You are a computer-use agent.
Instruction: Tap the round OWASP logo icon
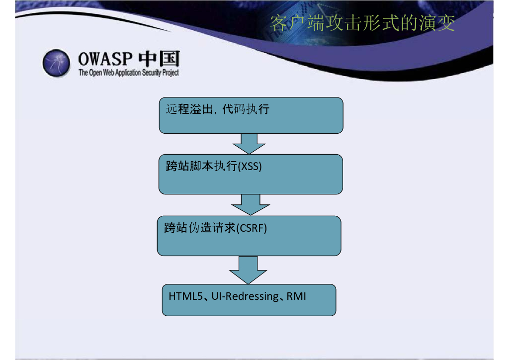pyautogui.click(x=56, y=63)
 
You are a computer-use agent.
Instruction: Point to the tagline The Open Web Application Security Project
pyautogui.click(x=128, y=73)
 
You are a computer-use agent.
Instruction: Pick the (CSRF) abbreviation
pyautogui.click(x=251, y=229)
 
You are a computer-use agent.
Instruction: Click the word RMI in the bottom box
pyautogui.click(x=296, y=296)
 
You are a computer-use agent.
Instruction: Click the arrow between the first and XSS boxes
pyautogui.click(x=249, y=143)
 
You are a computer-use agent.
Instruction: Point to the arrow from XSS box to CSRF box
pyautogui.click(x=251, y=204)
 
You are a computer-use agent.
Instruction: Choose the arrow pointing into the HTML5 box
pyautogui.click(x=248, y=270)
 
